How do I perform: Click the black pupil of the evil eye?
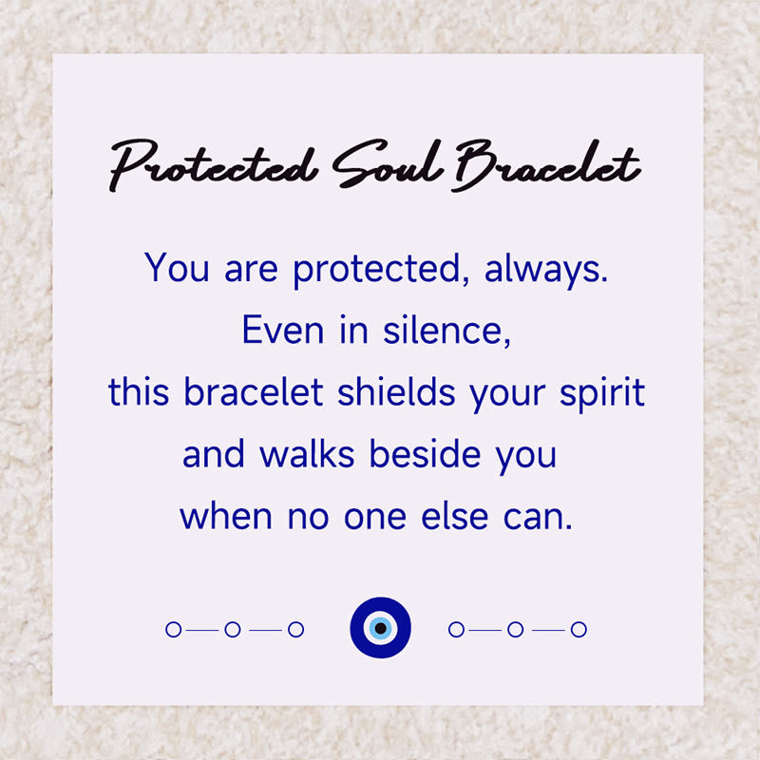pos(380,628)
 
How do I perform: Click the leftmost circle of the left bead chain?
pos(173,629)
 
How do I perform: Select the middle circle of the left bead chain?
pos(233,629)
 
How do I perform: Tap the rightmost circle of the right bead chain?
pos(579,629)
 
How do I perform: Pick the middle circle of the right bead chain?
pos(515,629)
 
